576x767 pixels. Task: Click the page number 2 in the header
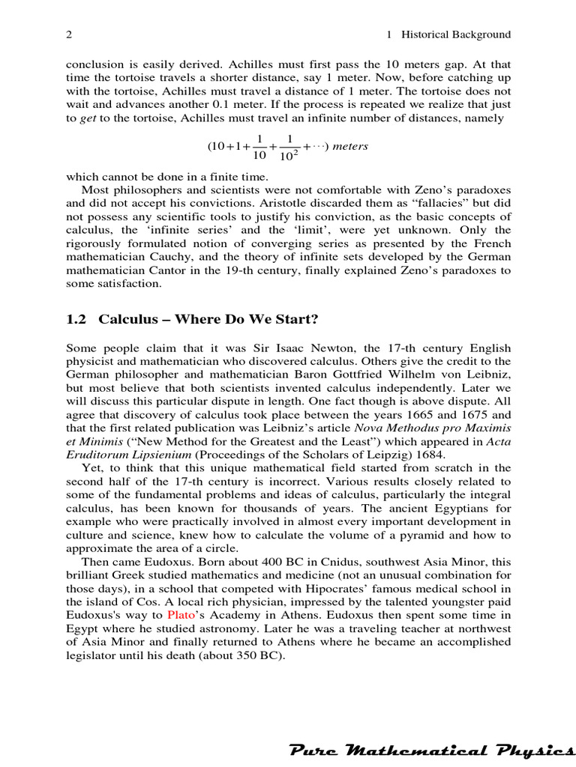[69, 34]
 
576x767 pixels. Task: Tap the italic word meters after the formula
[350, 146]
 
